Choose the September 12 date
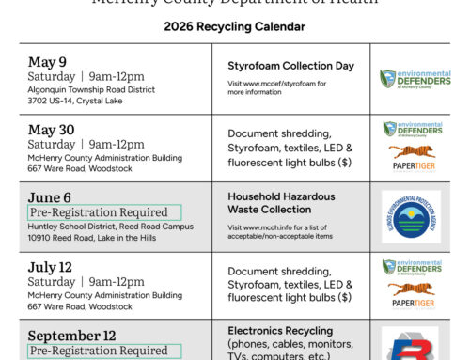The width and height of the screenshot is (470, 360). point(70,336)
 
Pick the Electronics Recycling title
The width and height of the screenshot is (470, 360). point(280,331)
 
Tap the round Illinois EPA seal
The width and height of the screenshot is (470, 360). point(410,217)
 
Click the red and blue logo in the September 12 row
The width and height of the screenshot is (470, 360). point(410,344)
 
